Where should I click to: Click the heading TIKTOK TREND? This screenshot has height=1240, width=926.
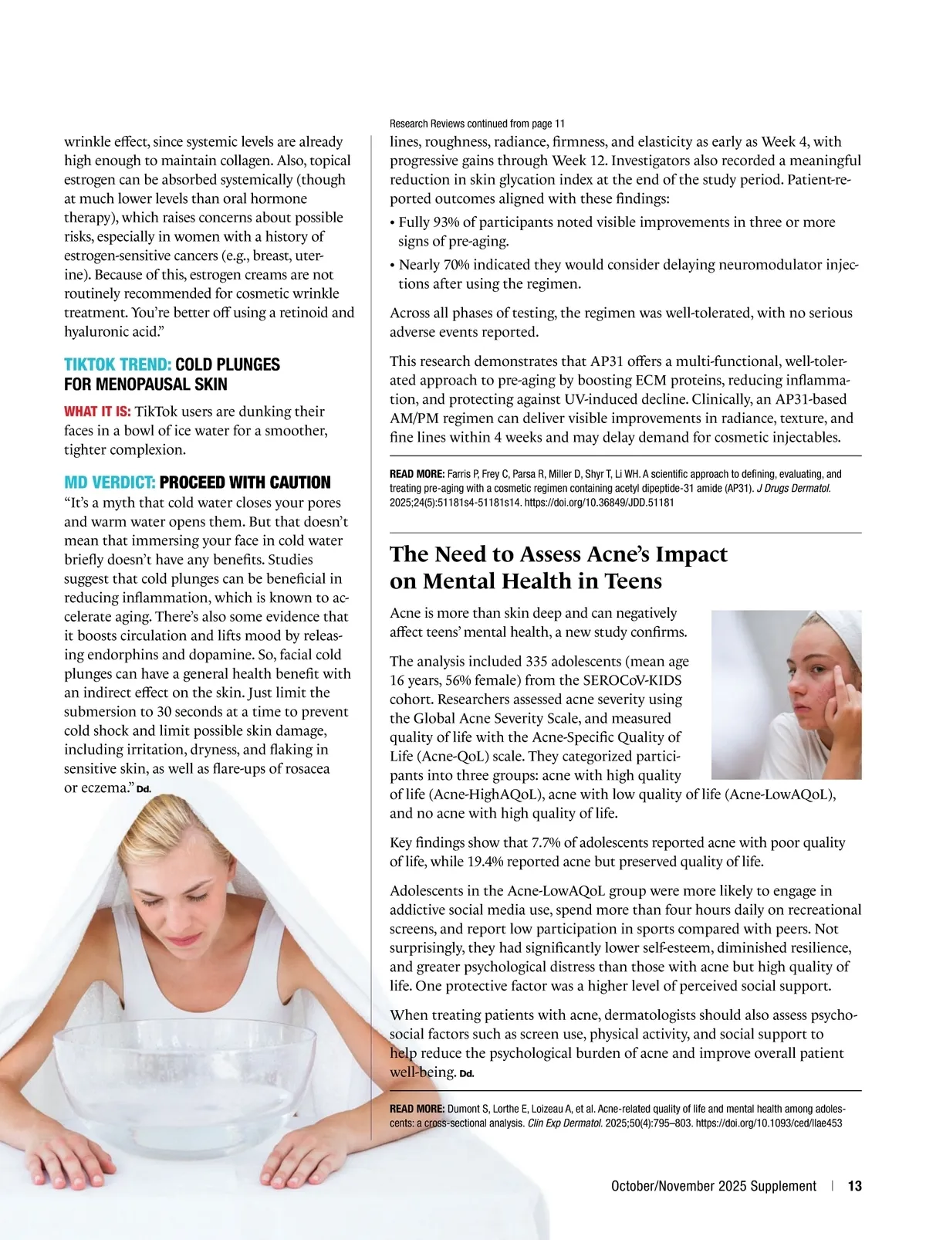click(117, 364)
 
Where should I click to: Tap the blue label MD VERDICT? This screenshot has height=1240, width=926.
click(110, 483)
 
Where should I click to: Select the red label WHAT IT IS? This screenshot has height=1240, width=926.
click(97, 412)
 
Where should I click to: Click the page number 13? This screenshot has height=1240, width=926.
click(854, 1186)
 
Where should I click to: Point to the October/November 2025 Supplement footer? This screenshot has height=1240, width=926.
click(713, 1186)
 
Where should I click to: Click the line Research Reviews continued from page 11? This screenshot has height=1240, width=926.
click(477, 124)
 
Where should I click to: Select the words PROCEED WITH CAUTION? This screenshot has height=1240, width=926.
click(245, 483)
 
